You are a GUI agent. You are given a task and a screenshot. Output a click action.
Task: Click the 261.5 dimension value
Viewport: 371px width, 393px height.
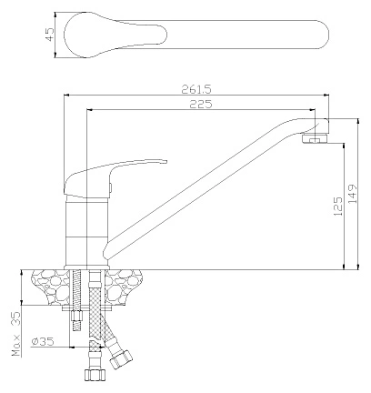coord(196,89)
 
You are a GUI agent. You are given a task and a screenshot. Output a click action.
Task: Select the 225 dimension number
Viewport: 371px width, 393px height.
coord(201,104)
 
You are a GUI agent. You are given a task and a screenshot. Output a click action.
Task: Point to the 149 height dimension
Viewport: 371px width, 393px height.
coord(353,194)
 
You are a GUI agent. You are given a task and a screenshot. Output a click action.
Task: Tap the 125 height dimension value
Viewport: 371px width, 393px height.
coord(338,207)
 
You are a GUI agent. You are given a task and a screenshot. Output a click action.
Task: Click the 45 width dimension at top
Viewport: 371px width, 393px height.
coord(49,34)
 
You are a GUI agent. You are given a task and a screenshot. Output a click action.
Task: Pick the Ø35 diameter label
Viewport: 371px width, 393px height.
coord(43,341)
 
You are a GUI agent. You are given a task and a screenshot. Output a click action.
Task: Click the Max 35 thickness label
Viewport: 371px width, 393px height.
coord(16,334)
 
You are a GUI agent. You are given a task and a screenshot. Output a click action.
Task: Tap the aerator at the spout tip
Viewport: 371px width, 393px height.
coord(316,138)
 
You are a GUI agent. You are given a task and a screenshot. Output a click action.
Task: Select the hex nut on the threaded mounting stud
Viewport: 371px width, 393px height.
coord(76,317)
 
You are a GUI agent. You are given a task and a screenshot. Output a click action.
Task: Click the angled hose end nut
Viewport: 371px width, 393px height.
coord(121,359)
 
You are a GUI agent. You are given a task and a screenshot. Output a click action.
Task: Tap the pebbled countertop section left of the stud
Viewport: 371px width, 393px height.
coord(52,287)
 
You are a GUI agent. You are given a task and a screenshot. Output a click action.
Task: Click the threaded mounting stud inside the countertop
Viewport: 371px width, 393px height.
coord(76,287)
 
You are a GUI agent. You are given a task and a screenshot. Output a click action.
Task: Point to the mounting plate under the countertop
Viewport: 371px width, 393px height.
coord(87,308)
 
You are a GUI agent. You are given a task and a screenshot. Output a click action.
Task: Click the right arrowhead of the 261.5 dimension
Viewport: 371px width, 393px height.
coord(326,96)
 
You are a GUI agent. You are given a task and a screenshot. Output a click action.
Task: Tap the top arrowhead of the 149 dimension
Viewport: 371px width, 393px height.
coord(358,122)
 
